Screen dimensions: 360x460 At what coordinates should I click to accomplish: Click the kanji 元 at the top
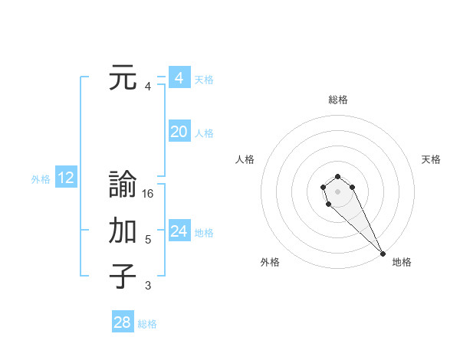point(123,77)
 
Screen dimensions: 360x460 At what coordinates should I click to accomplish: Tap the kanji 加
point(123,231)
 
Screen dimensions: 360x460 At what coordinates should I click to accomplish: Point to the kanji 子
point(123,277)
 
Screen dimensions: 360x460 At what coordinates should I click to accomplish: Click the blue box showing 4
point(179,78)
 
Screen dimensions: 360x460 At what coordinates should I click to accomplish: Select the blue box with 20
point(179,132)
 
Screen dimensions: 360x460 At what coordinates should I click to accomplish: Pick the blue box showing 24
point(179,231)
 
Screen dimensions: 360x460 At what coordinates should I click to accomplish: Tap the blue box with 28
point(123,322)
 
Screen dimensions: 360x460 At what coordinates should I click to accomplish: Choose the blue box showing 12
point(66,178)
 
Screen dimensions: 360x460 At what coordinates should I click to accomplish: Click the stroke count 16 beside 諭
point(148,194)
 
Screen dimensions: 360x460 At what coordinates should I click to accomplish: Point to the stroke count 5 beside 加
point(148,240)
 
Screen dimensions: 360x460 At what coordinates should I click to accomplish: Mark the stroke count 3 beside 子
point(148,286)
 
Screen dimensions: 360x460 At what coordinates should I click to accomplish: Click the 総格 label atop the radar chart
point(338,100)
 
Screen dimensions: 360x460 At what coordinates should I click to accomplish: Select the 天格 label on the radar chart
point(431,159)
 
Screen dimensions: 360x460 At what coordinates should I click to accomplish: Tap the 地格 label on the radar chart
point(402,262)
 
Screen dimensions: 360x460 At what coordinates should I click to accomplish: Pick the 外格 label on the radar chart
point(270,262)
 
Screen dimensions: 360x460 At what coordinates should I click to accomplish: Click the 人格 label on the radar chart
point(245,159)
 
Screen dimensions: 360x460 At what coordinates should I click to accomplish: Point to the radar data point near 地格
point(383,254)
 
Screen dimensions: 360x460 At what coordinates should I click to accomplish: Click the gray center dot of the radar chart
point(337,191)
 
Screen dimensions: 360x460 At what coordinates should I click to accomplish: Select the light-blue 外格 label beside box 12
point(41,179)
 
